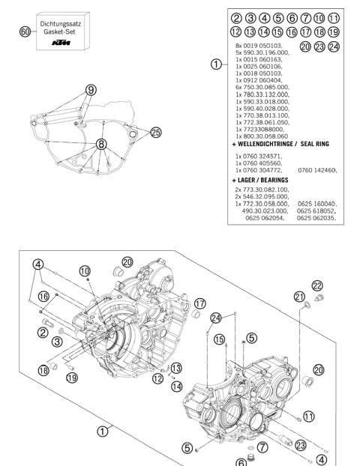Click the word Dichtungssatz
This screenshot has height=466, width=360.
point(61,24)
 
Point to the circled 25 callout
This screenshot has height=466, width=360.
point(155,133)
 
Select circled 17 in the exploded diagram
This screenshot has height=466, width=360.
point(199,303)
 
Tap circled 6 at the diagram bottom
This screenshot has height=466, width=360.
point(241,462)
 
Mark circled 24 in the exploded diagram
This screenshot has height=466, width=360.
point(215,318)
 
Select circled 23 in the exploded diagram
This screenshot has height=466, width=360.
point(300,444)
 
